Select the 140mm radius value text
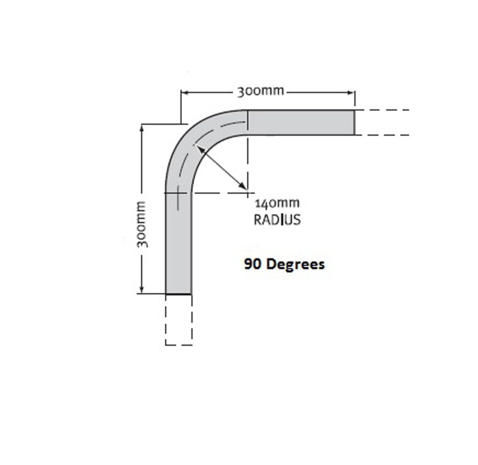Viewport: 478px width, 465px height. click(x=277, y=204)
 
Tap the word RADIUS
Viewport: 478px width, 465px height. click(x=277, y=219)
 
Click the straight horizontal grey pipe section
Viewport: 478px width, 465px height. click(x=301, y=122)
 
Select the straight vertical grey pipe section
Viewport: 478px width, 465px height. click(x=178, y=243)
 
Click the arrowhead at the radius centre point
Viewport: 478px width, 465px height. click(x=243, y=187)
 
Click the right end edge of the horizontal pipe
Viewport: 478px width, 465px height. click(x=354, y=122)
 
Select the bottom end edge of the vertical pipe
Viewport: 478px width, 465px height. click(x=178, y=294)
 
